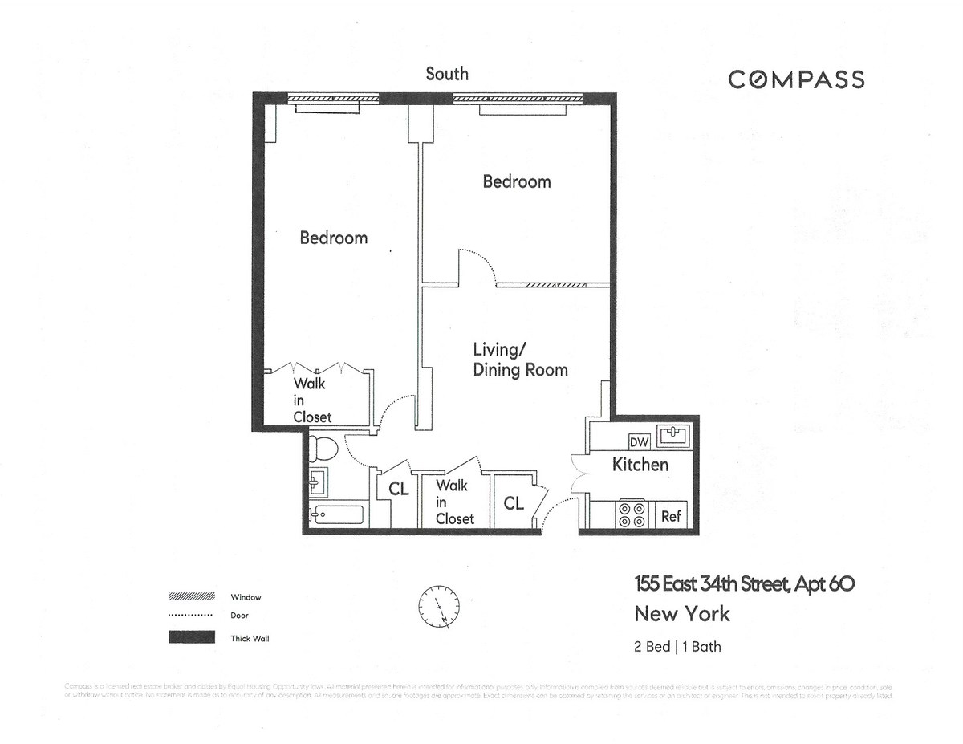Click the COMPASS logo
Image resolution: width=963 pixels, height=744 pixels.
pos(795,79)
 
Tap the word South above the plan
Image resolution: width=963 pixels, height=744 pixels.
pos(447,74)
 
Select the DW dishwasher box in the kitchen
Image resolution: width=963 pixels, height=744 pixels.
pos(639,442)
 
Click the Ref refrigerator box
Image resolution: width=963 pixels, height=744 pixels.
pos(671,516)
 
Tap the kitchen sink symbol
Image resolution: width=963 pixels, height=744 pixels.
pos(672,436)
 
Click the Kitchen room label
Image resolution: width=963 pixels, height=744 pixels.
pos(640,465)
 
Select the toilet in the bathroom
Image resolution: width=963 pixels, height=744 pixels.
pos(325,447)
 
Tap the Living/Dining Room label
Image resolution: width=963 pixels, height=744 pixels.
pos(519,360)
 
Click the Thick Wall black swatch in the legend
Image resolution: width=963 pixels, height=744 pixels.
pos(191,638)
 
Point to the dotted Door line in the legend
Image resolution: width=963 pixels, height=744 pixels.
pos(191,616)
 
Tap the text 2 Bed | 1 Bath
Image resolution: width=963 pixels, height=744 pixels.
pos(677,646)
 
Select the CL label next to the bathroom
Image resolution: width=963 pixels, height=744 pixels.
pos(399,489)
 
